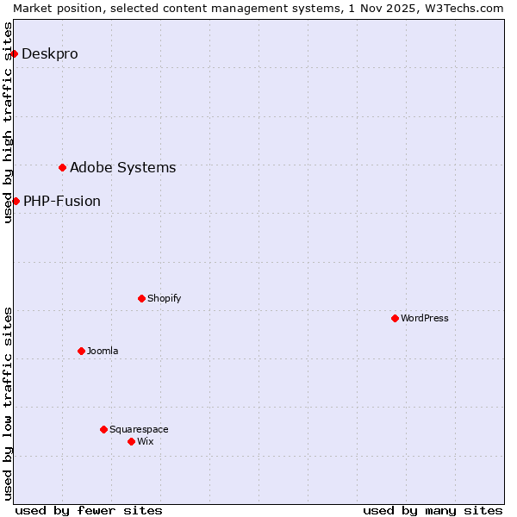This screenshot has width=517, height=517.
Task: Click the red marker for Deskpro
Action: (x=14, y=53)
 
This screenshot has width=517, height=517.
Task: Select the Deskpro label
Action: (x=50, y=53)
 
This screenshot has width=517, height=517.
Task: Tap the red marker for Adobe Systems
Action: (x=62, y=167)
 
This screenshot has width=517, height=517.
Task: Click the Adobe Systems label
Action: (x=122, y=167)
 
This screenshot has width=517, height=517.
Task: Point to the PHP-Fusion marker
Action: (x=16, y=201)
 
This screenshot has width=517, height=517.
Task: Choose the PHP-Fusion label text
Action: (x=62, y=201)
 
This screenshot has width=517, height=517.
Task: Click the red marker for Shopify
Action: (x=141, y=298)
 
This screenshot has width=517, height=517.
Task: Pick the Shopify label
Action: (x=164, y=298)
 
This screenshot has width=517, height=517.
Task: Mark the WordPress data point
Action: (x=395, y=318)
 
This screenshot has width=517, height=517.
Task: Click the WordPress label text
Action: (x=425, y=318)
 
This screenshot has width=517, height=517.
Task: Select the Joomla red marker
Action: (x=81, y=351)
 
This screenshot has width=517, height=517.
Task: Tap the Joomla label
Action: (x=103, y=351)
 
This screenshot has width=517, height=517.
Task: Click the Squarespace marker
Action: (x=103, y=429)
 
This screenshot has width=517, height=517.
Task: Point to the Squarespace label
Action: (x=139, y=429)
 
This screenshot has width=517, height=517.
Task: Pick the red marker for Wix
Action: (x=131, y=441)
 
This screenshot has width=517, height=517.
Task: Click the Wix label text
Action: (x=146, y=441)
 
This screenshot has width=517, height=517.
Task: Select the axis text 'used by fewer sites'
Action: (x=89, y=510)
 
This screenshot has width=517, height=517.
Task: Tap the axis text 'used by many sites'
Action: (x=433, y=510)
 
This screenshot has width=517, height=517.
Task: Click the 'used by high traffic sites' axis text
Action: (x=8, y=122)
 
